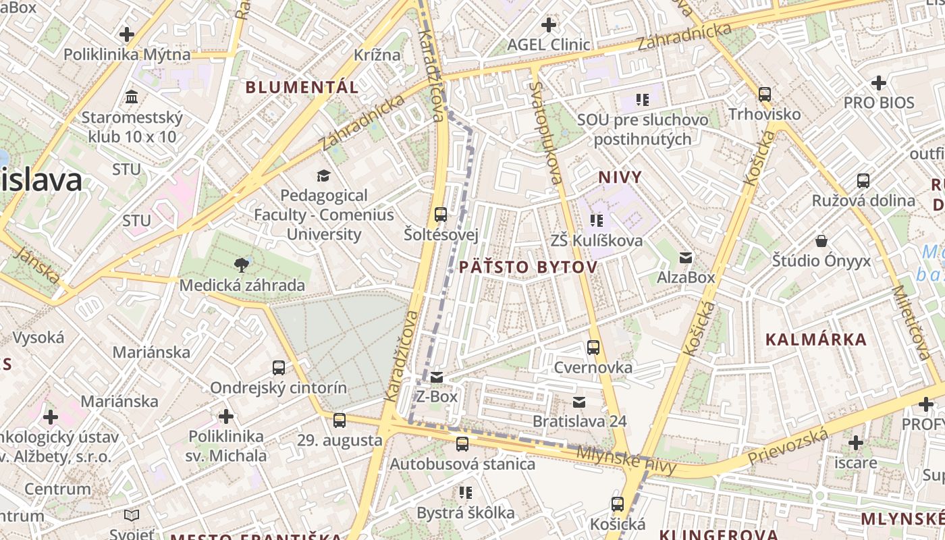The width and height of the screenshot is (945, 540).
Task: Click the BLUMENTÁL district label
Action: [x=302, y=87]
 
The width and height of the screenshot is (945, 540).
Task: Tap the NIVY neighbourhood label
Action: [x=620, y=178]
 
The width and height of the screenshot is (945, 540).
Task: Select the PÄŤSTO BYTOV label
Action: [x=528, y=267]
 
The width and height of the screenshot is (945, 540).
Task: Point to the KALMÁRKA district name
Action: [x=815, y=340]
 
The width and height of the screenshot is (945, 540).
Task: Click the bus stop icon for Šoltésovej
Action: [x=441, y=215]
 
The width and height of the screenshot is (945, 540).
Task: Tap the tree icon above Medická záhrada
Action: [x=241, y=264]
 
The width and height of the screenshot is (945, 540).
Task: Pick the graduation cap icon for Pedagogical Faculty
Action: [x=323, y=175]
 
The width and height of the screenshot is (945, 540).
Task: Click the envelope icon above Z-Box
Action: [x=437, y=377]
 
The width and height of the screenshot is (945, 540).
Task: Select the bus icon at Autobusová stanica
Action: [x=462, y=443]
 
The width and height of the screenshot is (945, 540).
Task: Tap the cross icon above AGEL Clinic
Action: [x=549, y=25]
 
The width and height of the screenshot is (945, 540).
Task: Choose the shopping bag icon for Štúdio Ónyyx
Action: [x=821, y=240]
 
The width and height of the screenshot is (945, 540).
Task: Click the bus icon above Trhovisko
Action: [x=764, y=94]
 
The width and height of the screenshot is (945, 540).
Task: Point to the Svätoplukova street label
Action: [x=545, y=133]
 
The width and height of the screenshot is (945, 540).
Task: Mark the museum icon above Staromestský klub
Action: [x=132, y=97]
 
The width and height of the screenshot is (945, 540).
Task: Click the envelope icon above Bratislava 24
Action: [x=578, y=402]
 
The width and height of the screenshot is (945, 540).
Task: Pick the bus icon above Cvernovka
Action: [x=593, y=348]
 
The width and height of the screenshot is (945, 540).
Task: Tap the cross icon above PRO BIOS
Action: [x=878, y=83]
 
